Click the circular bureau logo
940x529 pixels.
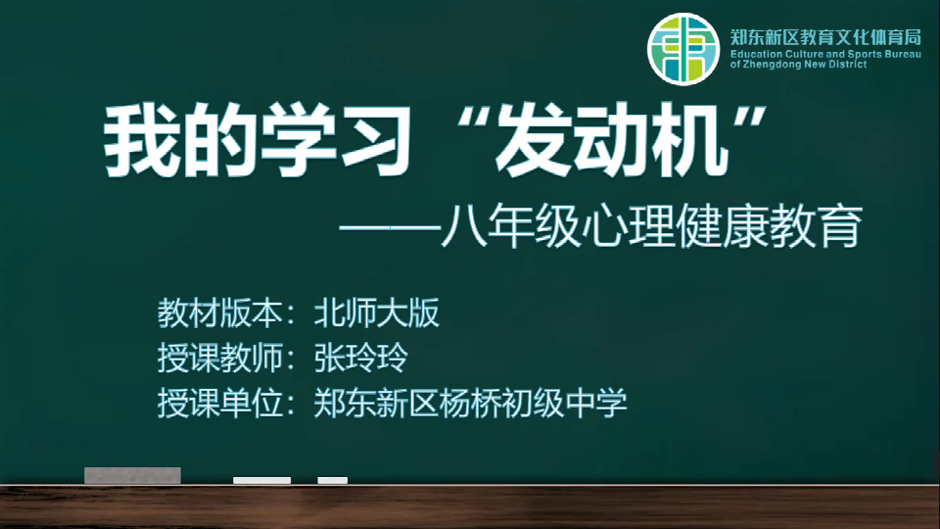point(682,49)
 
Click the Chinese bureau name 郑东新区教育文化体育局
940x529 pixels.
point(825,37)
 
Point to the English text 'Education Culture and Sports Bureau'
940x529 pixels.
point(825,54)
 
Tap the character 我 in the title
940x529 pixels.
point(142,141)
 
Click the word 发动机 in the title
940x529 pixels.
point(611,141)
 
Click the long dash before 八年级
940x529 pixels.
point(390,228)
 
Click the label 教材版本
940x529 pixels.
point(219,313)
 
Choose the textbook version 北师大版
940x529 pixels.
point(376,313)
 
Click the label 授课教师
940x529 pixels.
point(219,358)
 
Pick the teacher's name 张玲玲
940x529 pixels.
point(361,358)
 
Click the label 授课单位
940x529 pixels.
point(219,403)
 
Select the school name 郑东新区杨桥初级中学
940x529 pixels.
point(471,403)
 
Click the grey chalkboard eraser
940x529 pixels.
point(132,475)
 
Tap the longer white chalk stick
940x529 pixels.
point(262,480)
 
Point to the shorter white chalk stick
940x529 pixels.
point(333,480)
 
